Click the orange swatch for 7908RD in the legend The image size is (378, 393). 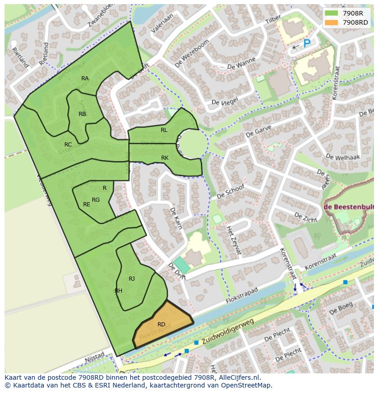332,22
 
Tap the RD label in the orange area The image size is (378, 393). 161,325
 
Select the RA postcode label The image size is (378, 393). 85,79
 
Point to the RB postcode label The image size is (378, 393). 82,114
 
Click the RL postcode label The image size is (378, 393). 164,130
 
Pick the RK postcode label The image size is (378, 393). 165,158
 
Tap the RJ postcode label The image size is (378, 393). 132,279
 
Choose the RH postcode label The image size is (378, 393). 118,291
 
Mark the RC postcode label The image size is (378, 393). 68,145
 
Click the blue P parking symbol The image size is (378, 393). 307,43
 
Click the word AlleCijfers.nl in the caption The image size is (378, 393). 238,377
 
